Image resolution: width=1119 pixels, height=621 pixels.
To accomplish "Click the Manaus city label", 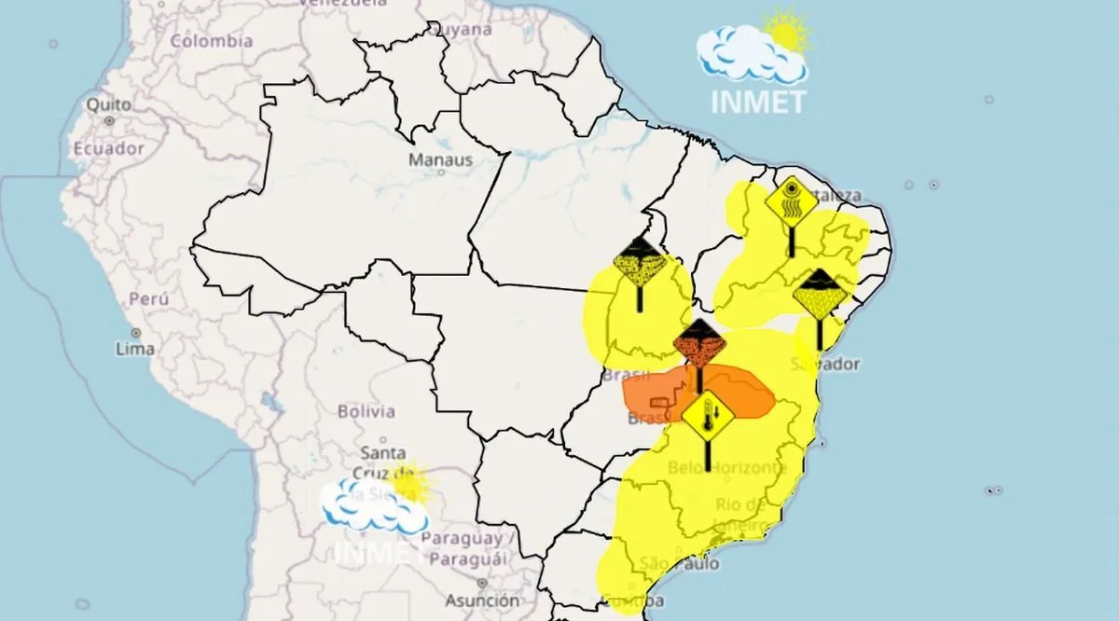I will click(x=440, y=159).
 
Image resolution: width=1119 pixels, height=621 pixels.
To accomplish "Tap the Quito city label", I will click(x=108, y=105).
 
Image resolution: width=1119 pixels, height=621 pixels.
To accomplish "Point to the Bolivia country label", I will click(x=366, y=411).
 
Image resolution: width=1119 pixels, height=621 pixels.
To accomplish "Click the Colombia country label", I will click(x=211, y=41).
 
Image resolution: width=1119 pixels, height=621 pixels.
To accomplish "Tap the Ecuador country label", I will click(x=109, y=148).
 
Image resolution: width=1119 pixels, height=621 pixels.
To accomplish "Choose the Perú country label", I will click(x=148, y=299).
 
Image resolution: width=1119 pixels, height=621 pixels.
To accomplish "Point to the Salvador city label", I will click(x=825, y=364).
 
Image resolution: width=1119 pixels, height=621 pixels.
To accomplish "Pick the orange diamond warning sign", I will click(x=699, y=344).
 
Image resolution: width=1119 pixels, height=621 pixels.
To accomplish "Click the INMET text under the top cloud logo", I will click(x=757, y=102).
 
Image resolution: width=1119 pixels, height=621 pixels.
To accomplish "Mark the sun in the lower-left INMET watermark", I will click(x=408, y=484).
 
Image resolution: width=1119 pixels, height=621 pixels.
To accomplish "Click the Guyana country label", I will click(x=459, y=29).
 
